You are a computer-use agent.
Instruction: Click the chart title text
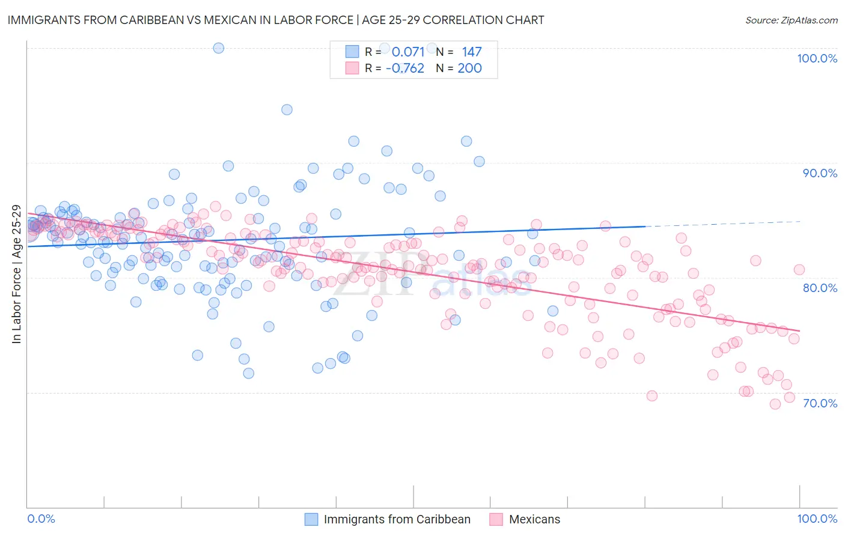tap(276, 20)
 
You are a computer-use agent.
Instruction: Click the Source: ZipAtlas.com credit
tap(791, 20)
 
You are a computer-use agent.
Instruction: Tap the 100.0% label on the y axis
tap(817, 58)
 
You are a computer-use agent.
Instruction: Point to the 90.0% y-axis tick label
tap(820, 173)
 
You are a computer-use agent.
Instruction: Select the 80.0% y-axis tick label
tap(820, 288)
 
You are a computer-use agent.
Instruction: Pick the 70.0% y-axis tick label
tap(820, 403)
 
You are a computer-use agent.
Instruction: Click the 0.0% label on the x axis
tap(41, 519)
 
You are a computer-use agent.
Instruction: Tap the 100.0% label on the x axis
tap(817, 519)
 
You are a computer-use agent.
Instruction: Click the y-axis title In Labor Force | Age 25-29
tap(16, 274)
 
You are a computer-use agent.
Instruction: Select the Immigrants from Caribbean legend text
tap(397, 519)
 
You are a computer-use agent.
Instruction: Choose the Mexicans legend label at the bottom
tap(534, 519)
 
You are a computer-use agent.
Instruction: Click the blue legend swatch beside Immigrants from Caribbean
tap(311, 519)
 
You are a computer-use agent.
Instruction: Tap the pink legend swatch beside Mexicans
tap(496, 519)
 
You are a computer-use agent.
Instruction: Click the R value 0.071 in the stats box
tap(408, 52)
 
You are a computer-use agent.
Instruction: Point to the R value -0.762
tap(404, 69)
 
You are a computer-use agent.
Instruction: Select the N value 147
tap(472, 52)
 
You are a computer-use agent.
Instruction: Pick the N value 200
tap(469, 69)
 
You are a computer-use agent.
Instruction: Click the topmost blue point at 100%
tap(219, 48)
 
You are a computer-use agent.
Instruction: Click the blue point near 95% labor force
tap(287, 109)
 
